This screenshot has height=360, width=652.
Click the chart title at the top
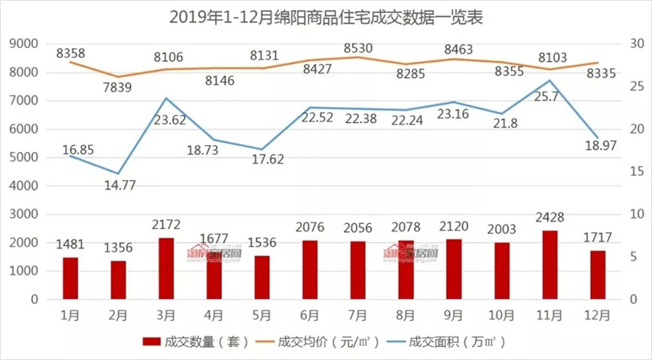(x=326, y=15)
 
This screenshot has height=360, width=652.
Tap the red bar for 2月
(x=119, y=279)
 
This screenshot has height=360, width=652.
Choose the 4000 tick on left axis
(x=26, y=186)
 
